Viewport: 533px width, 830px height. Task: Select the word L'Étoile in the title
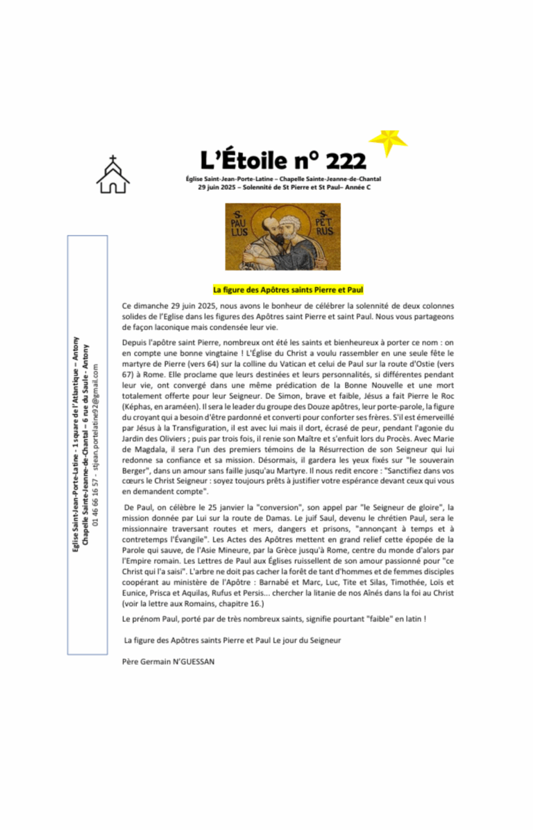(239, 161)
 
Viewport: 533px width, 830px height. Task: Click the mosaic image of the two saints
(283, 236)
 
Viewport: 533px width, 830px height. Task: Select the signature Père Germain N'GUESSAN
(168, 662)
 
